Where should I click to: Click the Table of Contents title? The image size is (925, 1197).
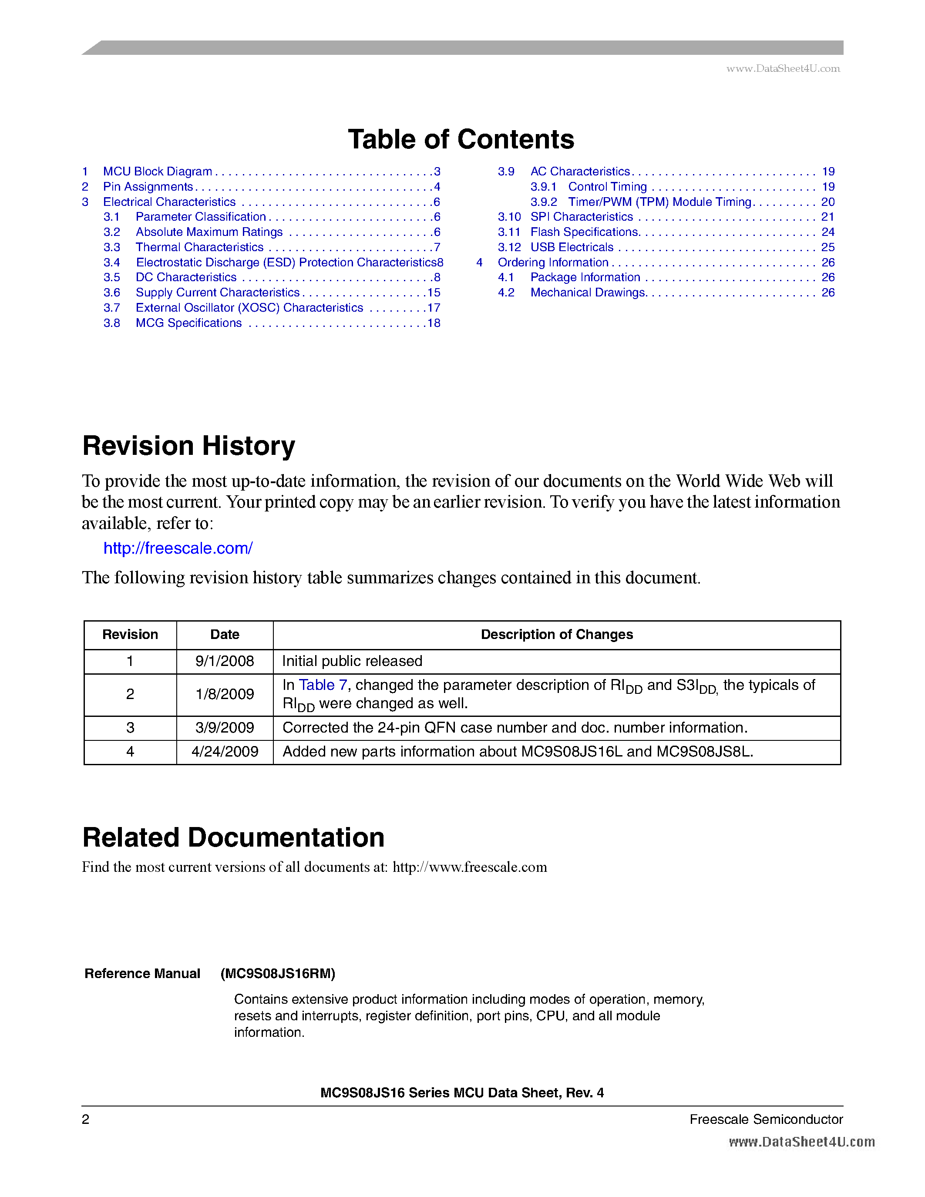[461, 139]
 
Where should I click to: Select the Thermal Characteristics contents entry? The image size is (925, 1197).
[199, 247]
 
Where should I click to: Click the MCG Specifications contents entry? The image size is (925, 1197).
[188, 323]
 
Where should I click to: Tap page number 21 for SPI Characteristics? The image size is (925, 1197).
[827, 217]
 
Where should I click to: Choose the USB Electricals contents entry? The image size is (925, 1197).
[572, 247]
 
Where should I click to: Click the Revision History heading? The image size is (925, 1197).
[188, 446]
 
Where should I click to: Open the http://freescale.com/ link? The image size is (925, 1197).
[178, 548]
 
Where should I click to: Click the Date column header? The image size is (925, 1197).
[225, 635]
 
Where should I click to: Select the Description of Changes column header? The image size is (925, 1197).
[557, 635]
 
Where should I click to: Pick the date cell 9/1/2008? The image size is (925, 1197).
[225, 661]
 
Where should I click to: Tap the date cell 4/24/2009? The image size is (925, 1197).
[225, 751]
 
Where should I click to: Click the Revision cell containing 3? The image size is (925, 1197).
[130, 728]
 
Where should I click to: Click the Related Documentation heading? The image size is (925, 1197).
[233, 837]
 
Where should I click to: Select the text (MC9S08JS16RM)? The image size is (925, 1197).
[278, 973]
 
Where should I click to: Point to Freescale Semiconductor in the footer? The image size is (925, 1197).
[766, 1119]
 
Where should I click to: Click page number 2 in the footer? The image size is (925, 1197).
[85, 1119]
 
